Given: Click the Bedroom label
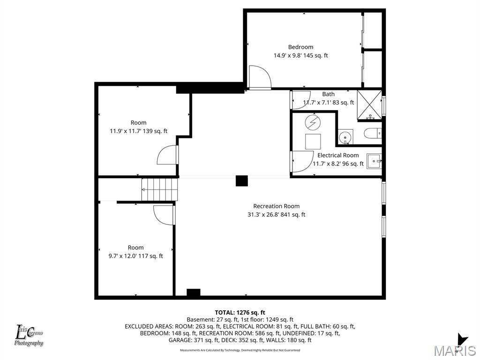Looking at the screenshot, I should [x=300, y=47].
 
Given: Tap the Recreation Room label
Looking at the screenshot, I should [x=276, y=206].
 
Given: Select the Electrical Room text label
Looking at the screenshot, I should [x=338, y=155].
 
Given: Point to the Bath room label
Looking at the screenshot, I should [x=328, y=94].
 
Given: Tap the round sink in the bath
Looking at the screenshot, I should [x=346, y=137].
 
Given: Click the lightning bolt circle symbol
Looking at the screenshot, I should [x=313, y=122].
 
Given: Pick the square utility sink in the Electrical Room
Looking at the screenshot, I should [x=375, y=161].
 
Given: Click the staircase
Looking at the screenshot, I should [x=160, y=190].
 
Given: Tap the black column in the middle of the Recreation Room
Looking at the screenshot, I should [x=241, y=181].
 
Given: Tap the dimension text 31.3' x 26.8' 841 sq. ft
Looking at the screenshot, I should [x=276, y=215].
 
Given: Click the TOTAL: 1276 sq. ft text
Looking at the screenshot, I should [x=240, y=312].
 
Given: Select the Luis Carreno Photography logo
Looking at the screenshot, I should [x=29, y=336].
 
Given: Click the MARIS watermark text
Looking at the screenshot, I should [x=454, y=350].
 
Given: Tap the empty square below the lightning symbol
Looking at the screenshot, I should [x=313, y=141].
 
